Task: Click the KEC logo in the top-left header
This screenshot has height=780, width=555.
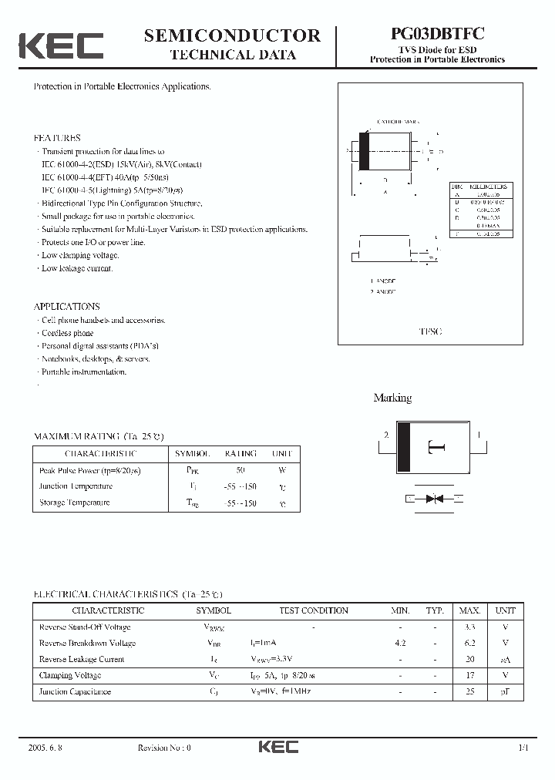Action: (60, 45)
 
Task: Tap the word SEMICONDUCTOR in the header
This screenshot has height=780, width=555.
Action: (232, 35)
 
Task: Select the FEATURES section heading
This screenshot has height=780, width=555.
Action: (57, 138)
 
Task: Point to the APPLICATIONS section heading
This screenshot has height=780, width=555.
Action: (66, 306)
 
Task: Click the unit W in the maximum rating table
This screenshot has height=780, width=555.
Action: (282, 469)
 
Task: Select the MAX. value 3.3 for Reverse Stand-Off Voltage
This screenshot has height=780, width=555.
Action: (469, 627)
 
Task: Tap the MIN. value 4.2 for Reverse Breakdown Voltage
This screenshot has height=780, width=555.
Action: (400, 643)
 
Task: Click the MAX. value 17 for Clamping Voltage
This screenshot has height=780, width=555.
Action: (469, 675)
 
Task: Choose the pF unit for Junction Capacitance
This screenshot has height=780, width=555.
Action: (506, 691)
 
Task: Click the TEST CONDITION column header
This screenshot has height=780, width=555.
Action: (313, 610)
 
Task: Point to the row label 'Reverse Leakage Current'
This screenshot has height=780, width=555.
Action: (81, 659)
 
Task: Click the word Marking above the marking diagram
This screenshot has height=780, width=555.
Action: (392, 398)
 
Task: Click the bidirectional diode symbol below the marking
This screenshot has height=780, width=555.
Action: (434, 499)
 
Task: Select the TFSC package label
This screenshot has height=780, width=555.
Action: (429, 331)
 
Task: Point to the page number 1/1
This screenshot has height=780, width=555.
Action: (524, 748)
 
